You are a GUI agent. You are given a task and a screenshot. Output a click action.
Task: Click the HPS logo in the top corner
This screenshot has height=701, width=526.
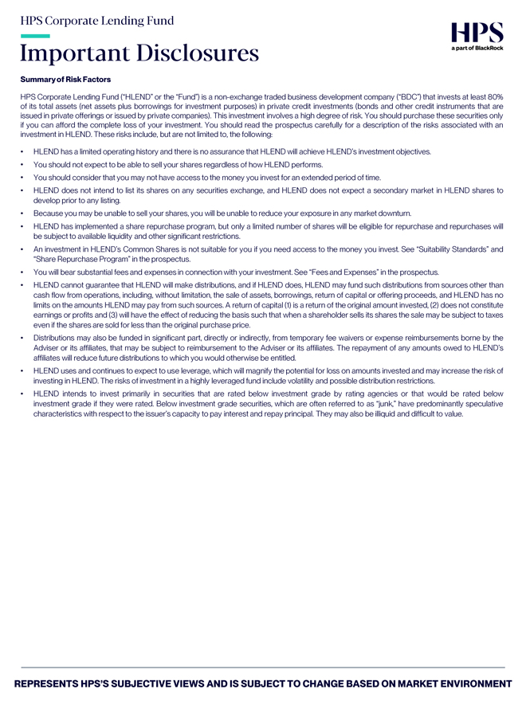click(477, 33)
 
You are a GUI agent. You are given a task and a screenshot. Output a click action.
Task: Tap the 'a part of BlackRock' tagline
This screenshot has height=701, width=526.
click(477, 48)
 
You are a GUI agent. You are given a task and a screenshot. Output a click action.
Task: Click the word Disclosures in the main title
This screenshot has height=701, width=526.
click(198, 53)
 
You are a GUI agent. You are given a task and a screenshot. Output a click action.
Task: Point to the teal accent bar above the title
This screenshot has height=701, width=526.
click(35, 36)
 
